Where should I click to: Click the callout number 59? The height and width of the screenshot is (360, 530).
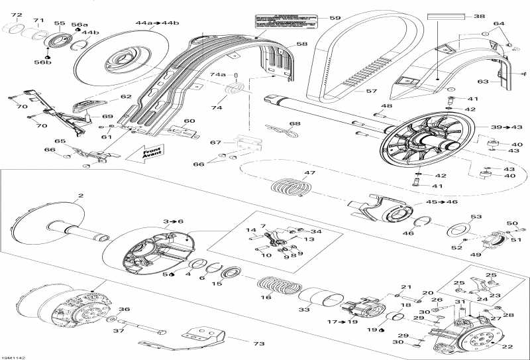(335, 19)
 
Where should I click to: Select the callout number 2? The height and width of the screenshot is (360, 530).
(81, 196)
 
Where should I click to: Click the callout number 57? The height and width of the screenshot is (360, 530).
(372, 91)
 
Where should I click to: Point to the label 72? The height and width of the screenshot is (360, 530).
(17, 15)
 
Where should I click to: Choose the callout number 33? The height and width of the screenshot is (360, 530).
(304, 310)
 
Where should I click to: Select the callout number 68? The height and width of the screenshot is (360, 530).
(294, 123)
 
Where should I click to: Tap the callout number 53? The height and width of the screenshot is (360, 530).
(476, 217)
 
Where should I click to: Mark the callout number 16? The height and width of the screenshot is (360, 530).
(266, 298)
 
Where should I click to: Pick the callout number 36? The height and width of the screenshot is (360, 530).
(123, 309)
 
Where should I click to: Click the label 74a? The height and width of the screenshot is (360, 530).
(218, 75)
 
